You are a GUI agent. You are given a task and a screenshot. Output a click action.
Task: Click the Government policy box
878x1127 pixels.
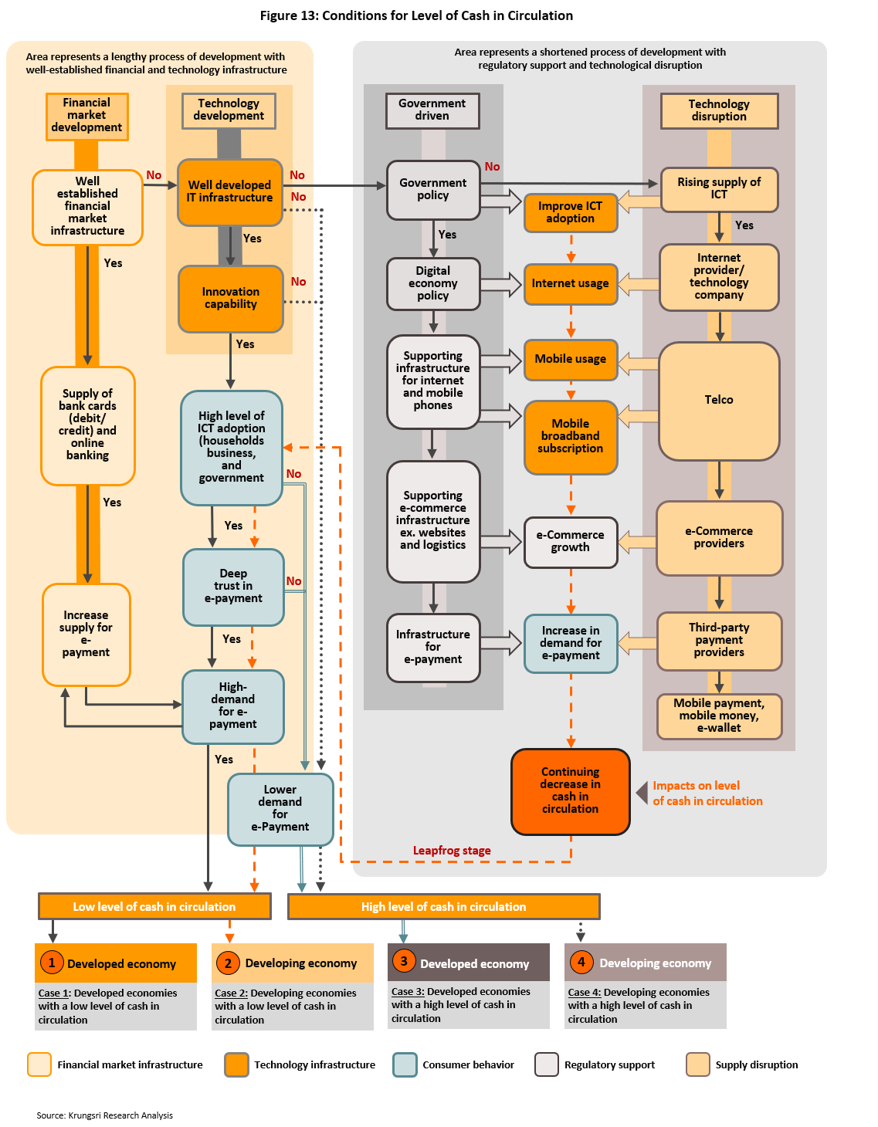432,189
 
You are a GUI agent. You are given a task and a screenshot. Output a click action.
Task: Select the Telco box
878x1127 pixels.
718,400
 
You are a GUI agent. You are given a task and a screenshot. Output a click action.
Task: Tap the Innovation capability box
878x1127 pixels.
230,298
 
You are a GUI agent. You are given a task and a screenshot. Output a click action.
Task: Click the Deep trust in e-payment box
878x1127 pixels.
233,586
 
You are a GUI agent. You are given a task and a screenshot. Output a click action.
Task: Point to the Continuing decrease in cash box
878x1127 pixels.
570,790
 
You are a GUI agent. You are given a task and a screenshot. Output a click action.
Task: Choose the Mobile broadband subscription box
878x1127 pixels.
570,436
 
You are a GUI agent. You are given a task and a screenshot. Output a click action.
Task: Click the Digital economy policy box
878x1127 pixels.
432,283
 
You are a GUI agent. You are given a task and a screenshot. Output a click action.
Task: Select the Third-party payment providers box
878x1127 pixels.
718,640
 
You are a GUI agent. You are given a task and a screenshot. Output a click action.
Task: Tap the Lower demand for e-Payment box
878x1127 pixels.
280,808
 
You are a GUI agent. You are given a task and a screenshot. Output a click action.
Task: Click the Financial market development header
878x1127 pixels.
86,116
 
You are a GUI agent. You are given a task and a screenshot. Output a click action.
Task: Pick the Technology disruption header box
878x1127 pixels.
718,110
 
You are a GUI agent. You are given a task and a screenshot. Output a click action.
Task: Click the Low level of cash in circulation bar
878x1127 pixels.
154,906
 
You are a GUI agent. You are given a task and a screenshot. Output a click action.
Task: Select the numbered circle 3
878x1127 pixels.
403,961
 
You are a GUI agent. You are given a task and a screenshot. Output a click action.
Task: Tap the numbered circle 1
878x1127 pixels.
52,963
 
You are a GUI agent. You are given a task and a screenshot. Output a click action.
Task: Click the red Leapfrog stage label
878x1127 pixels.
452,851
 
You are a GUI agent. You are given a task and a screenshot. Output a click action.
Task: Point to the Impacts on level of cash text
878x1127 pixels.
707,794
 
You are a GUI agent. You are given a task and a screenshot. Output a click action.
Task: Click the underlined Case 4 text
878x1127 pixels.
584,992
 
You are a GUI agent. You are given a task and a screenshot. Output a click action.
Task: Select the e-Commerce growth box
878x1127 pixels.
570,542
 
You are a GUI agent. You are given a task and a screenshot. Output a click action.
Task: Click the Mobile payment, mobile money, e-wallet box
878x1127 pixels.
718,716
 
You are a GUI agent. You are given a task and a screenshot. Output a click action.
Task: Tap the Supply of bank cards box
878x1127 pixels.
87,425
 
